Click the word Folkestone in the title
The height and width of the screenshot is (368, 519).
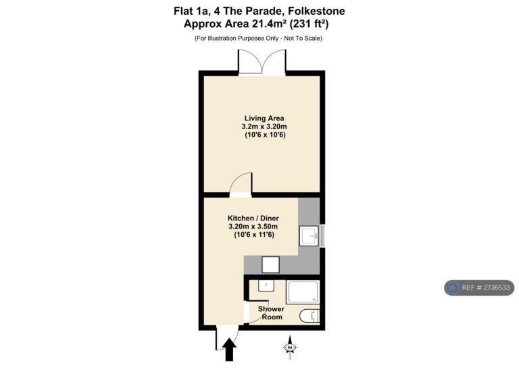pyautogui.click(x=316, y=11)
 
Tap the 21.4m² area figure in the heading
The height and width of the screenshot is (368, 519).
pyautogui.click(x=270, y=24)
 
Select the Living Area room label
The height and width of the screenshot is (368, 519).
pyautogui.click(x=264, y=118)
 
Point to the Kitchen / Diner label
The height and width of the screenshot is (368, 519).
pyautogui.click(x=253, y=218)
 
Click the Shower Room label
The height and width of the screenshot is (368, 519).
pyautogui.click(x=272, y=313)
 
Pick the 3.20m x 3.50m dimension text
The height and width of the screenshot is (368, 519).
pyautogui.click(x=253, y=227)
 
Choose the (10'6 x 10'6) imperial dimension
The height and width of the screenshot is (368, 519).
pyautogui.click(x=265, y=135)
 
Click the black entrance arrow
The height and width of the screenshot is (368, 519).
pyautogui.click(x=229, y=349)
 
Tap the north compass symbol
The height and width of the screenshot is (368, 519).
pyautogui.click(x=290, y=348)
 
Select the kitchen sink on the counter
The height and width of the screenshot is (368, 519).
pyautogui.click(x=309, y=236)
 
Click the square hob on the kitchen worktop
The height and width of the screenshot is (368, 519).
pyautogui.click(x=270, y=264)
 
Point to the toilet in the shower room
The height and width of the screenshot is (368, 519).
pyautogui.click(x=310, y=316)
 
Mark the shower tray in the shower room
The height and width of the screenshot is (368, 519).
pyautogui.click(x=303, y=292)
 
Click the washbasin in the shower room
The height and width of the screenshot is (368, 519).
pyautogui.click(x=266, y=286)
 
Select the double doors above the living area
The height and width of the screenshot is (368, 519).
pyautogui.click(x=262, y=62)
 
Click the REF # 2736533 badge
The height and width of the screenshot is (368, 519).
pyautogui.click(x=479, y=287)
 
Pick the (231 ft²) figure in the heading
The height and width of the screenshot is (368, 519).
pyautogui.click(x=309, y=24)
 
